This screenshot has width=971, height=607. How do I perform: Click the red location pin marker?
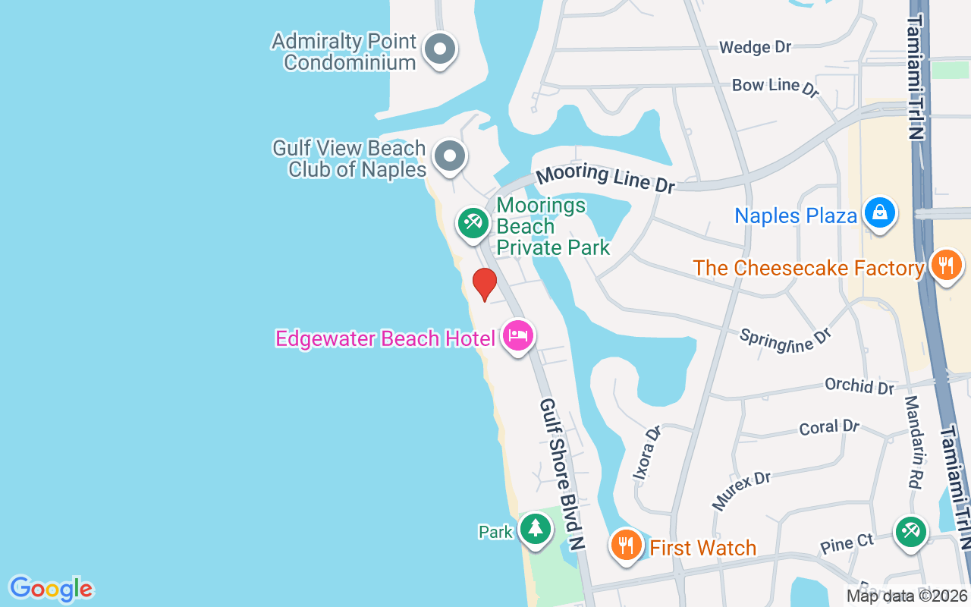click(484, 285)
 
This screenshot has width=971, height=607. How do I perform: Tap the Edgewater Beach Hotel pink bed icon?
click(518, 335)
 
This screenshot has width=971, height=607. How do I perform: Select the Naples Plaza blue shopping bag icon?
click(879, 213)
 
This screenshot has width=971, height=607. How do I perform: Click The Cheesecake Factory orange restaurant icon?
click(945, 266)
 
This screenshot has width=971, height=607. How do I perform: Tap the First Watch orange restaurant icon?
click(627, 546)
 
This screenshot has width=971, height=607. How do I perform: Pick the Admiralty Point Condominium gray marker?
click(439, 50)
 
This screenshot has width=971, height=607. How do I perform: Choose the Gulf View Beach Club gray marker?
click(449, 156)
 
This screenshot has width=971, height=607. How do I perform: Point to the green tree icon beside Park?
click(536, 528)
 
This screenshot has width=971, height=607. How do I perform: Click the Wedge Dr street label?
click(755, 47)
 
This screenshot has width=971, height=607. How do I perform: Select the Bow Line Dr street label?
click(775, 86)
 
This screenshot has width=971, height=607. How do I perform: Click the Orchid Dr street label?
click(859, 385)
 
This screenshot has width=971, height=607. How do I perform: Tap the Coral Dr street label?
click(828, 427)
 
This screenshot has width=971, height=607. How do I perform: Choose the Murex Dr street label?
click(740, 489)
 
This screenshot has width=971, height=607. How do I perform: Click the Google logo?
click(51, 589)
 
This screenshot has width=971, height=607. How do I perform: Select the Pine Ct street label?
click(847, 543)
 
